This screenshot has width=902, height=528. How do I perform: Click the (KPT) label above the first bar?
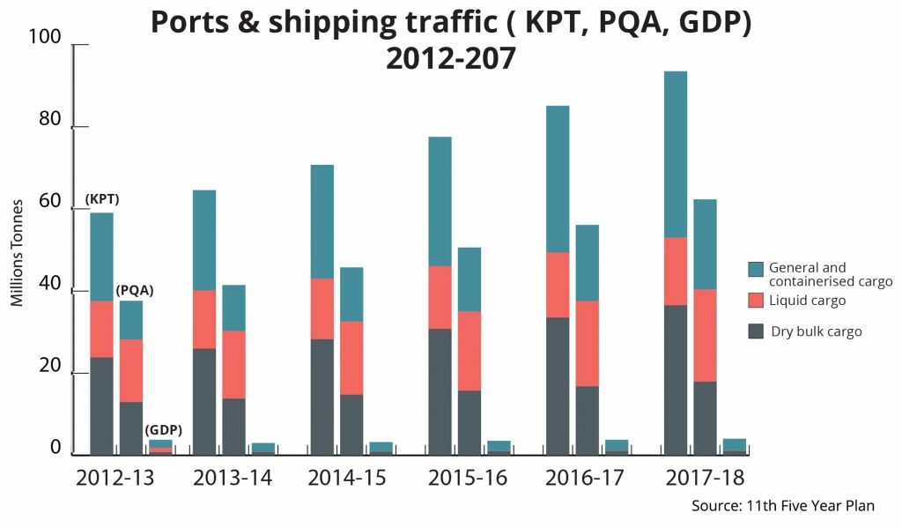tap(102, 199)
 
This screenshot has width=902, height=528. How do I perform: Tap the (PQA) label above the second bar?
tap(135, 290)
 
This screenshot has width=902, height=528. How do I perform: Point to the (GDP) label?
tap(163, 430)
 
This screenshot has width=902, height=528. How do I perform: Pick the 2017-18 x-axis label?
tap(704, 478)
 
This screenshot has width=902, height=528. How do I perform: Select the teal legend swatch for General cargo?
tap(756, 269)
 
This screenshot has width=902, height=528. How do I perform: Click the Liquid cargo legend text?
tap(807, 301)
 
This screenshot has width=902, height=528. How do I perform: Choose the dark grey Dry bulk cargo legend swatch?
tap(756, 331)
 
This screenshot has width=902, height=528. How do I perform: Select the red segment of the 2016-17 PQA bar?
tap(588, 344)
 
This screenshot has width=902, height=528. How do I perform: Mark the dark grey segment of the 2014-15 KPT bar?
tap(322, 397)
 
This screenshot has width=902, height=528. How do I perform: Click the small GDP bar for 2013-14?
tap(262, 448)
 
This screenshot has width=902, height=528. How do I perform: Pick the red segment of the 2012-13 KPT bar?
tap(101, 329)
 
